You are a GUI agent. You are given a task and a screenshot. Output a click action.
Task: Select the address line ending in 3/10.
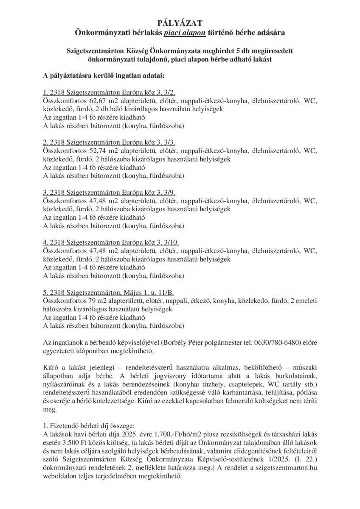coord(111,242)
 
